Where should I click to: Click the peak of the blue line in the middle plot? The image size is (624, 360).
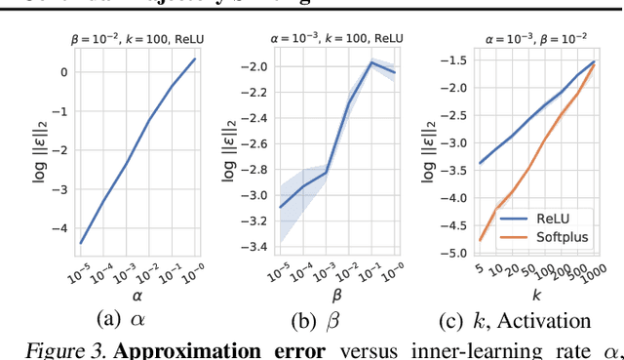(370, 62)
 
